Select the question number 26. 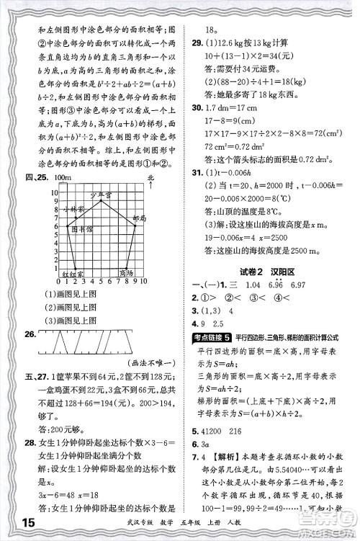pos(30,333)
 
